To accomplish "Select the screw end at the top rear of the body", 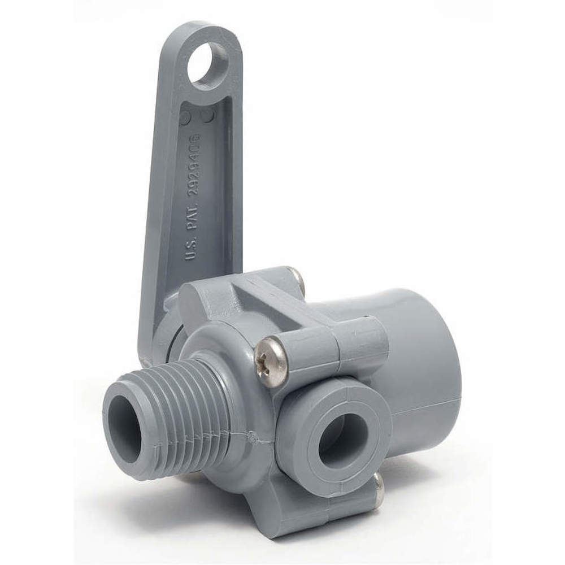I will click(x=295, y=278).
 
